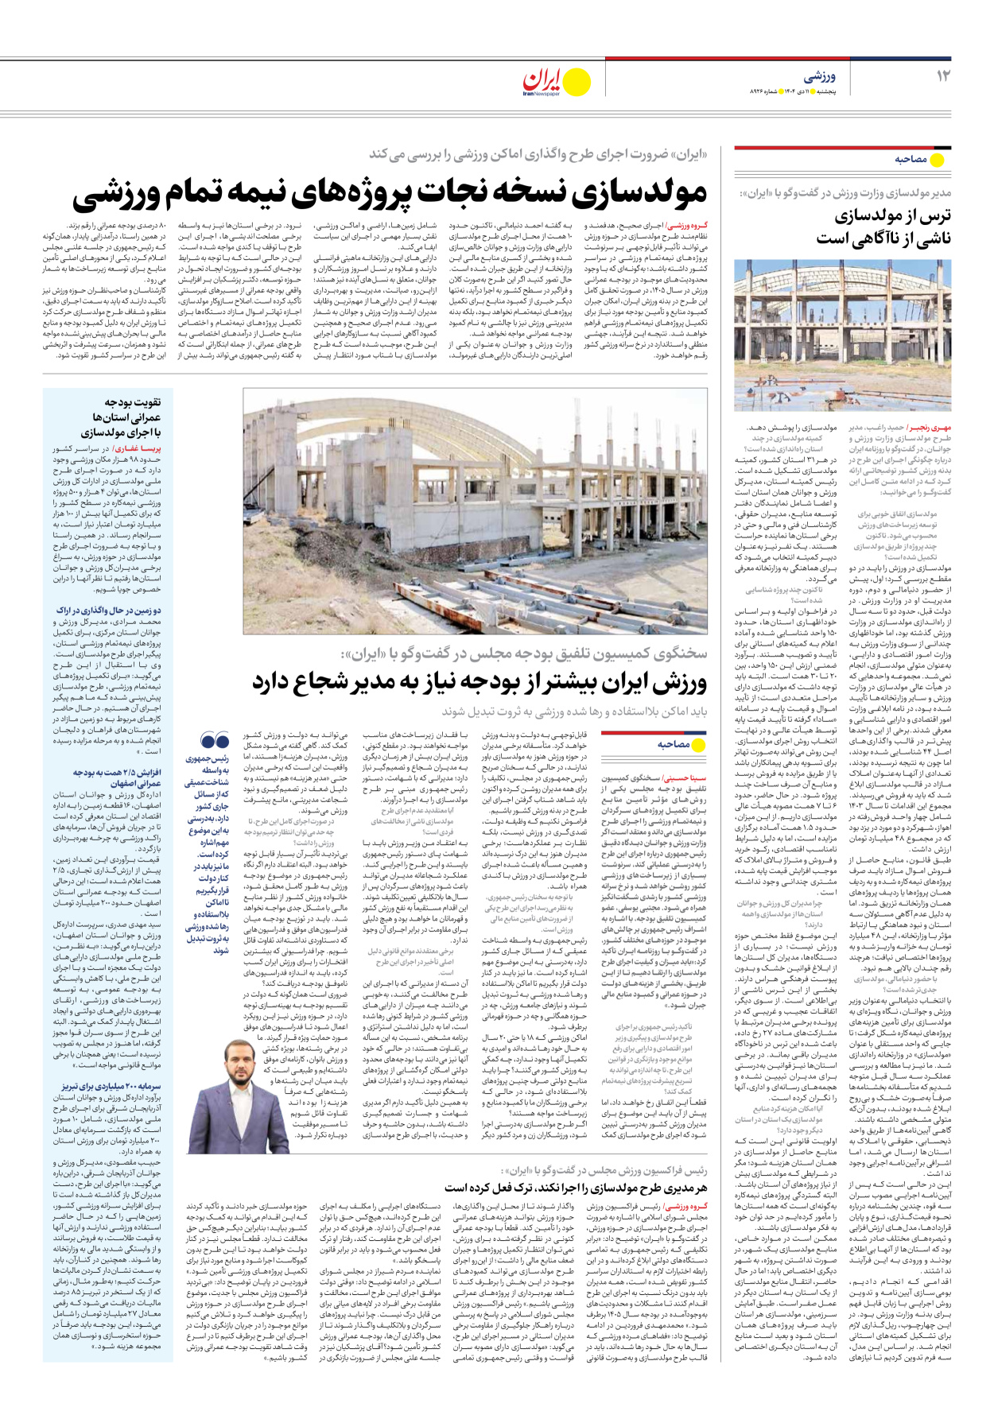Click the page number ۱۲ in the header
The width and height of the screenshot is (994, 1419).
click(x=943, y=76)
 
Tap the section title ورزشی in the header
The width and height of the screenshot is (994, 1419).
click(x=819, y=77)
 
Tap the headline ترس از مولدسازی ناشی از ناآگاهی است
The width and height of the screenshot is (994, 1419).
click(x=883, y=227)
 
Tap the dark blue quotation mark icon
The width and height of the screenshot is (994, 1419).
click(x=215, y=742)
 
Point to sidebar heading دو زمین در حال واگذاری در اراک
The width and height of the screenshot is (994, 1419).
click(x=109, y=611)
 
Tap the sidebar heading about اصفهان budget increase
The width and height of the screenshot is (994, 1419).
click(x=117, y=777)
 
